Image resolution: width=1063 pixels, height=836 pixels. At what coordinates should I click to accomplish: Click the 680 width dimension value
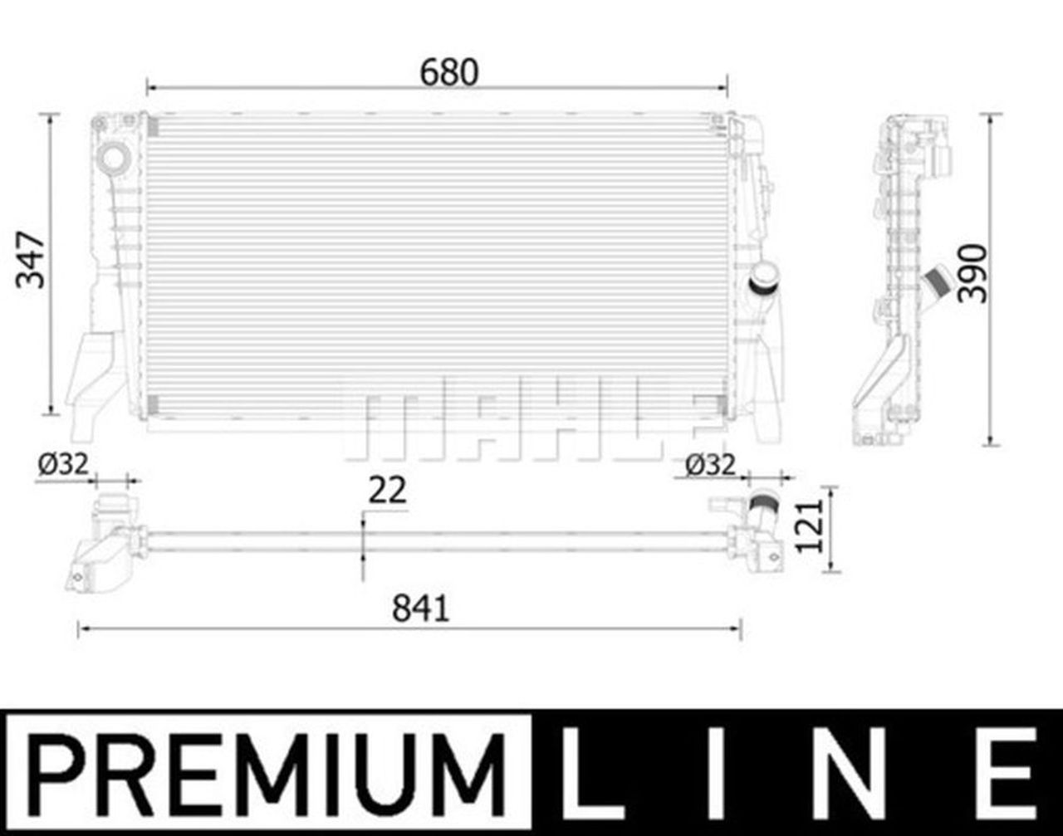click(449, 72)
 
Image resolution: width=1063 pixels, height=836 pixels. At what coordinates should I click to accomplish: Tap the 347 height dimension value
click(32, 260)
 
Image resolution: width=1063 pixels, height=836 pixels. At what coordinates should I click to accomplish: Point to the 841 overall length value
click(420, 609)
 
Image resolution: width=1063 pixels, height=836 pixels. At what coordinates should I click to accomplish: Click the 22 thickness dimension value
click(387, 491)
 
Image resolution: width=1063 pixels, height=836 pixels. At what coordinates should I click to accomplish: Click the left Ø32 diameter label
click(62, 464)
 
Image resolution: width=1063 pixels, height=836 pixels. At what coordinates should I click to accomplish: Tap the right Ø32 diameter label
click(711, 466)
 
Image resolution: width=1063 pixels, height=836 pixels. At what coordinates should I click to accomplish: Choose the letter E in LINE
click(1009, 773)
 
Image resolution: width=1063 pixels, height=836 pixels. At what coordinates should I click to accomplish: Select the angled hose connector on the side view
click(938, 281)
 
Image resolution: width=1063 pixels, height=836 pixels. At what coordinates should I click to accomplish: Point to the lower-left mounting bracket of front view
click(94, 382)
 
